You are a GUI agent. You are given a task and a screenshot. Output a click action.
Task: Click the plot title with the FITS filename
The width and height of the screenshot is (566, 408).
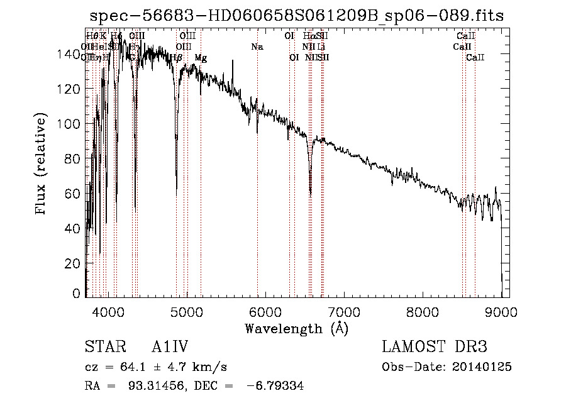(297, 16)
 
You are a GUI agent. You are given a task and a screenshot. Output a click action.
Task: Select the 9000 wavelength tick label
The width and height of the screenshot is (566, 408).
(501, 311)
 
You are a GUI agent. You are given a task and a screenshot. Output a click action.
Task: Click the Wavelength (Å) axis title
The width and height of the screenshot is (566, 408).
(296, 328)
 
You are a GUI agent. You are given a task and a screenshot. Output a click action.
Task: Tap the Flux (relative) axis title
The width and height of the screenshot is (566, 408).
(42, 165)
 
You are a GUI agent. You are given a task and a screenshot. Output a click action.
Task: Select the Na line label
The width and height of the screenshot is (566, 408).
(257, 47)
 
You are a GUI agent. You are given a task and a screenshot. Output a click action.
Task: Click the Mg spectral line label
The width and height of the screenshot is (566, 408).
(201, 58)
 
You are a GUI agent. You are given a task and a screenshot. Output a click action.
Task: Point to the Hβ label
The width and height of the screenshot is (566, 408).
(176, 58)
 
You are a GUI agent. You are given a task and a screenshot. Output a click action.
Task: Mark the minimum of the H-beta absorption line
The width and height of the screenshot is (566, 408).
(177, 188)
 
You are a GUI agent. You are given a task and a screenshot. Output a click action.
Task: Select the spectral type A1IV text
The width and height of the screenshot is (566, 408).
(170, 347)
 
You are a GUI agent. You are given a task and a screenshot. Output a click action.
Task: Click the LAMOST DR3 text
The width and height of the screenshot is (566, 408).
(434, 347)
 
